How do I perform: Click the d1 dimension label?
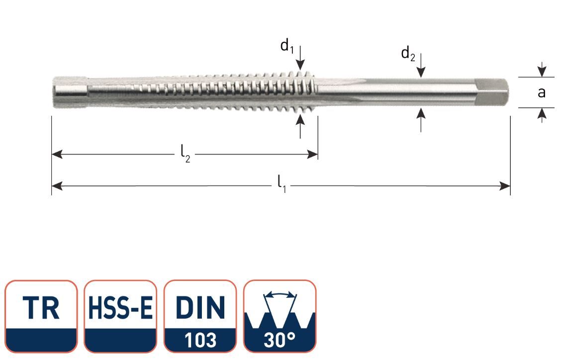tap(287, 46)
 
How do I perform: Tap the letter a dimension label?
tap(542, 92)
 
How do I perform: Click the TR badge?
tap(41, 308)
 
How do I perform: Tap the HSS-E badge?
tap(120, 308)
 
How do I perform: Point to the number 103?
tap(200, 341)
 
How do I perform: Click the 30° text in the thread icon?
tap(280, 341)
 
